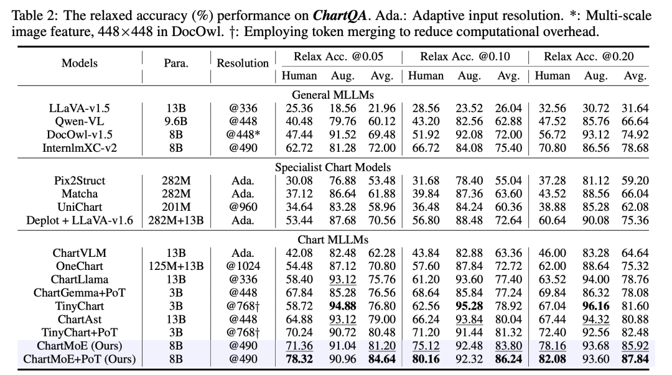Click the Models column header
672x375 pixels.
[x=79, y=63]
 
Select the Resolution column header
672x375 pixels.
[x=243, y=63]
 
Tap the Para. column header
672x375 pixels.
[x=175, y=63]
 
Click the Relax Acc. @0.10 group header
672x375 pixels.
[x=465, y=57]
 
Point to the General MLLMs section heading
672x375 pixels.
[x=333, y=95]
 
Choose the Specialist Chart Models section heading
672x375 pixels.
[x=333, y=167]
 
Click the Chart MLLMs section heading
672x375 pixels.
[x=333, y=239]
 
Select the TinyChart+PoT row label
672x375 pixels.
[x=79, y=333]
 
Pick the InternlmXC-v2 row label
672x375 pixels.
[x=79, y=148]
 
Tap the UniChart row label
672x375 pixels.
[x=79, y=207]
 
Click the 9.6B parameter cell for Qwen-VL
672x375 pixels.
[x=175, y=121]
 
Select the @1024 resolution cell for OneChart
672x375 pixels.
[x=243, y=266]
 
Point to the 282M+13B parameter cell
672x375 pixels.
[x=175, y=220]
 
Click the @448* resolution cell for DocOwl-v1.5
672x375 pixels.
[x=243, y=134]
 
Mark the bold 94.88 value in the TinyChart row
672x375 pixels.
[x=342, y=306]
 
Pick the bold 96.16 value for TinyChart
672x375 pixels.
[x=595, y=306]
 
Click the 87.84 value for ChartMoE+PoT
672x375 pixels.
[x=635, y=359]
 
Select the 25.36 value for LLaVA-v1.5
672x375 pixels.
[x=299, y=108]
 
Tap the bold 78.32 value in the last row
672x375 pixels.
[x=299, y=359]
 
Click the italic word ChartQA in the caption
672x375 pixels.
[x=340, y=16]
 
